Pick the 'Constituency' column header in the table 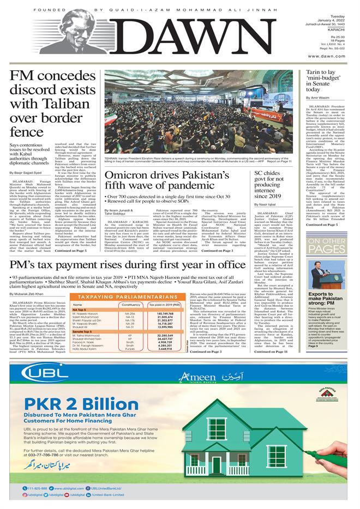(x=131, y=305)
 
